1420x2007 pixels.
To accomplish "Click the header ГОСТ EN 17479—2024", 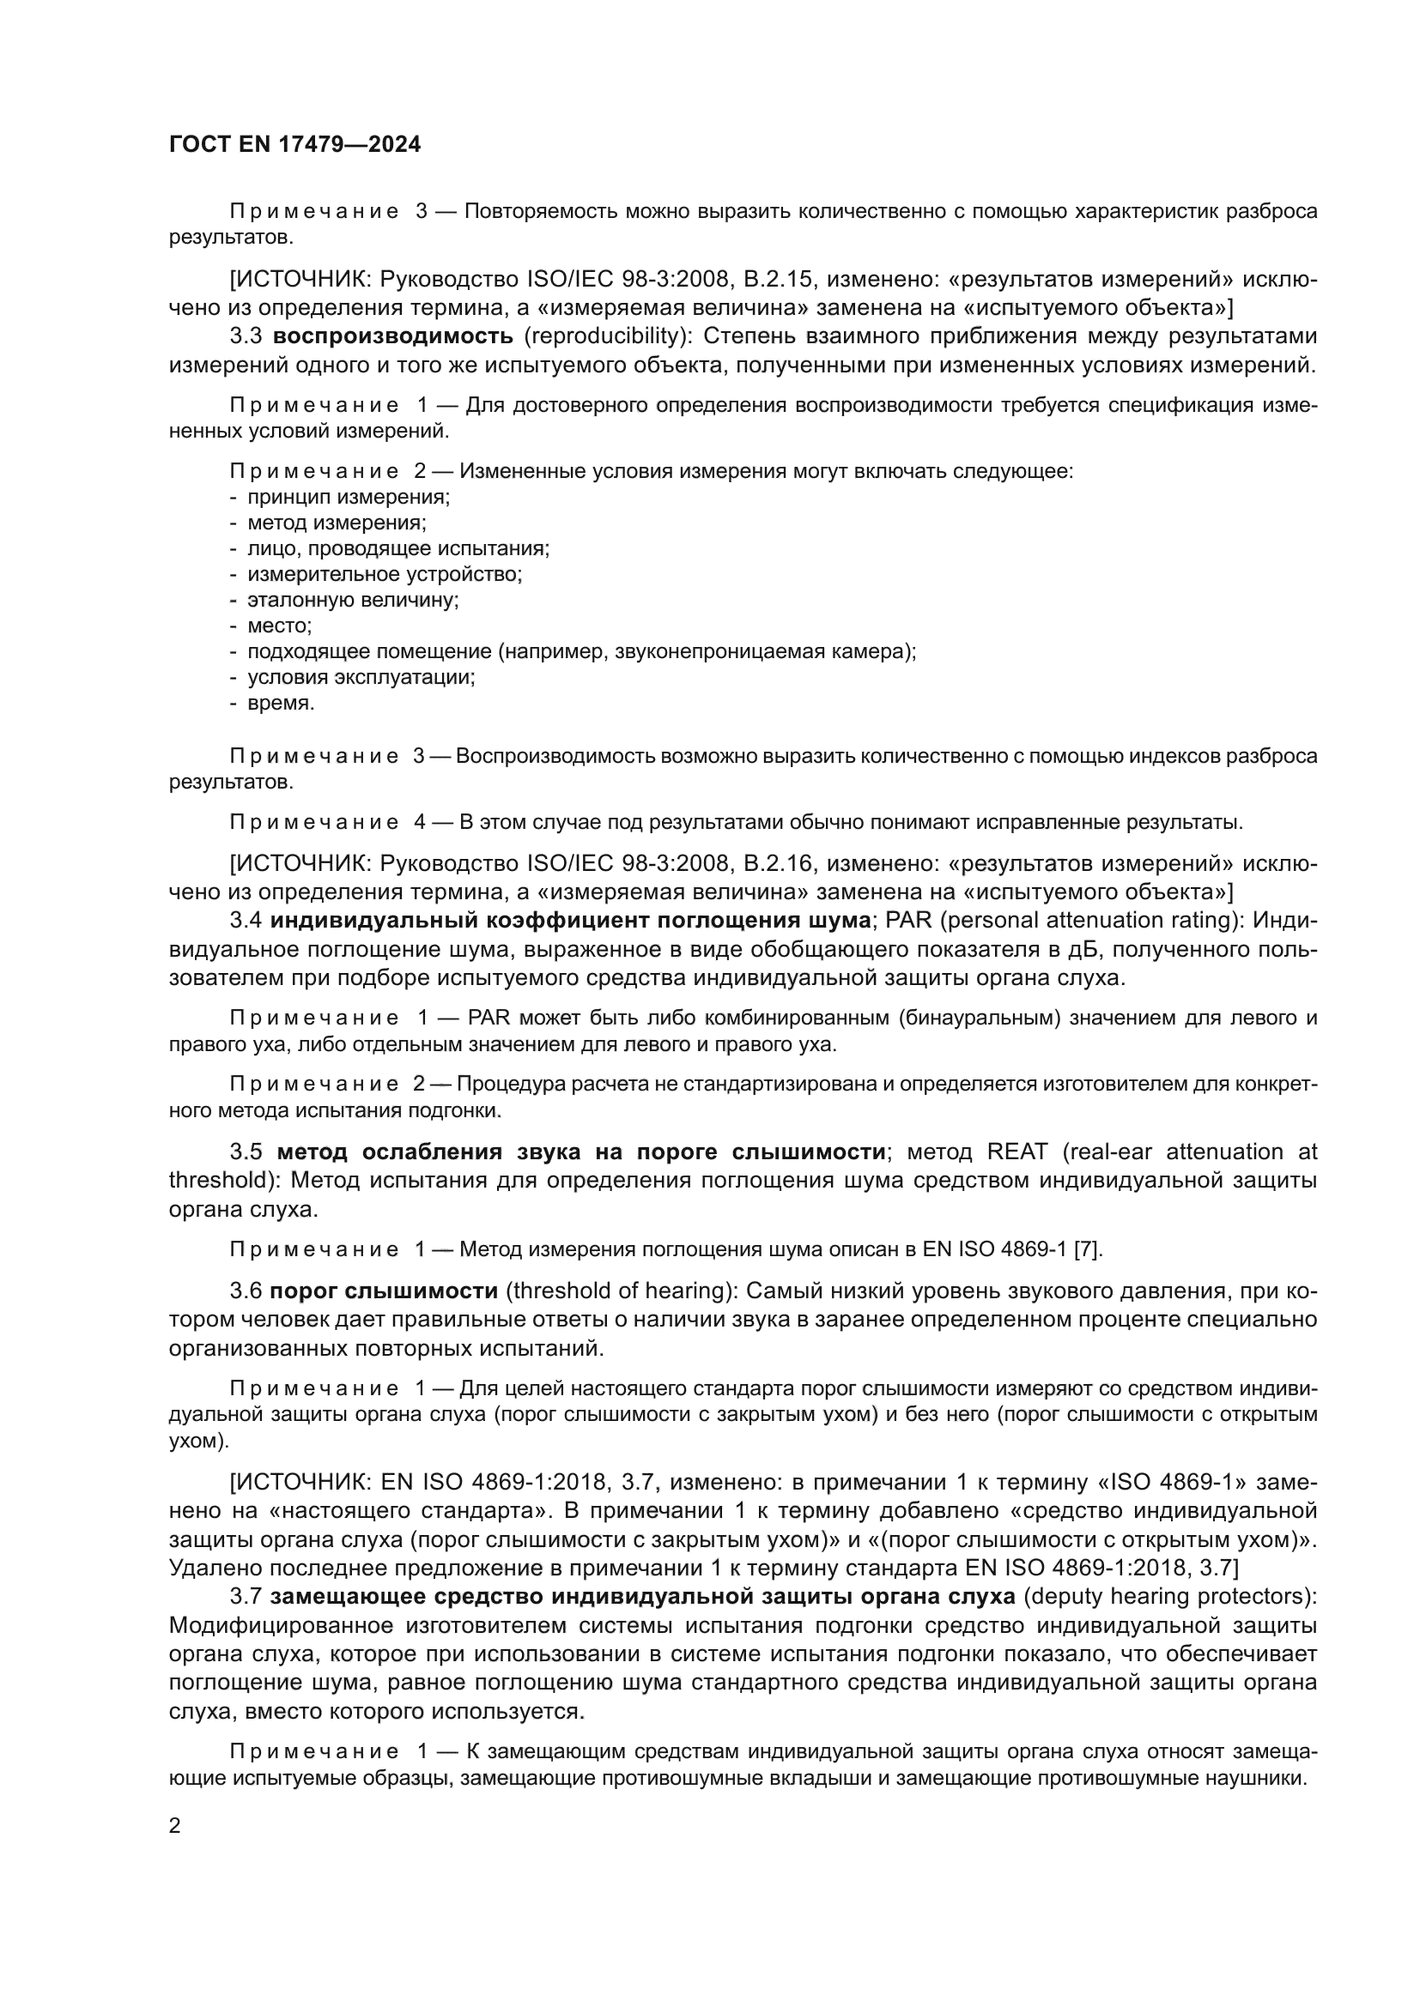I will click(x=294, y=144).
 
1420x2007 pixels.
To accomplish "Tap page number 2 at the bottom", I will click(x=175, y=1825).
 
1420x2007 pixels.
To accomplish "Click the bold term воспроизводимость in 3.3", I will click(x=392, y=336).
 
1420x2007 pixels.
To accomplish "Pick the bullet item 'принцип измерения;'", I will click(x=348, y=498).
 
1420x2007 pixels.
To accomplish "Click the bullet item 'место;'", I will click(x=279, y=626).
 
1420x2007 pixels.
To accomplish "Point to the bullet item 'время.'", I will click(x=281, y=703).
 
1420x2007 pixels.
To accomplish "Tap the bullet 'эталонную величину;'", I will click(x=352, y=601).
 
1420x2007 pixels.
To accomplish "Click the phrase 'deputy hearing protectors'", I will click(x=1169, y=1596).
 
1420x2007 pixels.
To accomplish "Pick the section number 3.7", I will click(x=246, y=1596).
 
